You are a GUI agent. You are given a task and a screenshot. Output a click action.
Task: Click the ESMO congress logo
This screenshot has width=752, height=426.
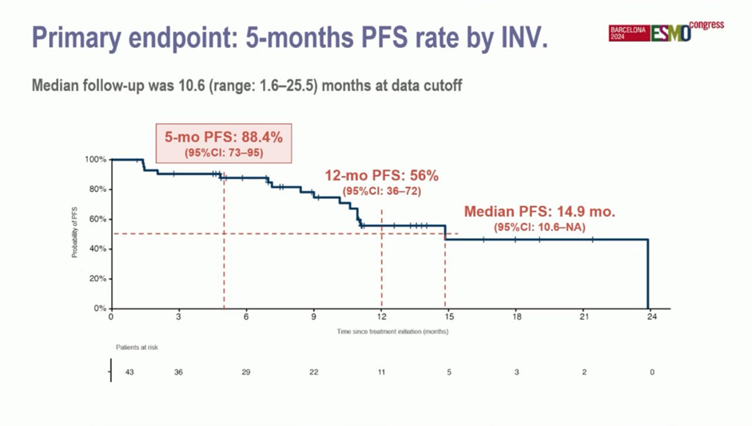(x=666, y=31)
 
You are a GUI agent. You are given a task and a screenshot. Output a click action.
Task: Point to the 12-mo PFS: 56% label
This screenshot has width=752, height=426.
(x=381, y=176)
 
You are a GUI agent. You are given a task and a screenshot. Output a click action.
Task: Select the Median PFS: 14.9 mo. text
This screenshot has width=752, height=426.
(x=540, y=213)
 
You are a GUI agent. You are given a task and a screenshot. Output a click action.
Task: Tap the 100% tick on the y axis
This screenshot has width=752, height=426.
(x=95, y=160)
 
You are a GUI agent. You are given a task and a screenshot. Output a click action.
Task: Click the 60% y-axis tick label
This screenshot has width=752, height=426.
(x=97, y=219)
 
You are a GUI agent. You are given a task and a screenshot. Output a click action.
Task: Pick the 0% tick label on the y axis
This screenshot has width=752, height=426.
(x=99, y=309)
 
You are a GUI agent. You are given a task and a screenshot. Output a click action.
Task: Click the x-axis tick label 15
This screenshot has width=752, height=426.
(x=449, y=317)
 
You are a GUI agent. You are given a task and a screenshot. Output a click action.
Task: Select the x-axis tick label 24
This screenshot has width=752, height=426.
(x=652, y=317)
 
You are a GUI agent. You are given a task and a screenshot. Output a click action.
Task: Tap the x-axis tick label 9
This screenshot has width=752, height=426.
(x=314, y=317)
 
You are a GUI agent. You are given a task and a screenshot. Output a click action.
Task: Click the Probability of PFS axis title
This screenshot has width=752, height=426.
(x=74, y=233)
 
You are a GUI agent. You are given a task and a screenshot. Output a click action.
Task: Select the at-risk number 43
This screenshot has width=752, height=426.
(x=129, y=372)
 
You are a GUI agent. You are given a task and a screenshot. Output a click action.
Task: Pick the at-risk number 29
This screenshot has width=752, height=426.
(x=245, y=372)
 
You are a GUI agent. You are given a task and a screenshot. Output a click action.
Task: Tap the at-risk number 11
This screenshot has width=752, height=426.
(x=381, y=372)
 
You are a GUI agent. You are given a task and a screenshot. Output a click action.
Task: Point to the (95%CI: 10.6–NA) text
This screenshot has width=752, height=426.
(x=540, y=228)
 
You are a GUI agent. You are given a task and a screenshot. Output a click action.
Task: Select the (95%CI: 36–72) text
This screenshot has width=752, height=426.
(x=381, y=191)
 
